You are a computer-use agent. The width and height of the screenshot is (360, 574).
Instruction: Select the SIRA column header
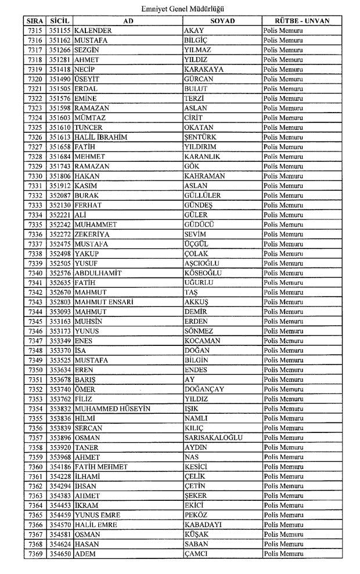34,20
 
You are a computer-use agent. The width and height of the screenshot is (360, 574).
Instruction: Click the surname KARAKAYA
203,69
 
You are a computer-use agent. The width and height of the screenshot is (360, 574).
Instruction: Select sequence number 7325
34,128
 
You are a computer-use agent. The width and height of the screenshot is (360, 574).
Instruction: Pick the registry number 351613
60,137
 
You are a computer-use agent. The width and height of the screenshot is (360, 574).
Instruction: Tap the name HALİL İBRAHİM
100,137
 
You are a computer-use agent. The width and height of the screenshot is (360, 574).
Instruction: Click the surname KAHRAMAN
204,176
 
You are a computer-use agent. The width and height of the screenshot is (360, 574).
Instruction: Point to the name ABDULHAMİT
99,273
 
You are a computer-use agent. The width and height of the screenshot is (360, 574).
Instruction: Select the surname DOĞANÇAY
204,389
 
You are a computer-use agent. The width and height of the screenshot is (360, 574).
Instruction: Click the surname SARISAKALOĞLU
213,438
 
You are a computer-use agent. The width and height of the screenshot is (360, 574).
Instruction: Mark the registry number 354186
60,467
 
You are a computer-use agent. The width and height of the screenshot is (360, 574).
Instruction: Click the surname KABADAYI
203,525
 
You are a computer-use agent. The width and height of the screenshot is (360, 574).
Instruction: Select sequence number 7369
34,554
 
